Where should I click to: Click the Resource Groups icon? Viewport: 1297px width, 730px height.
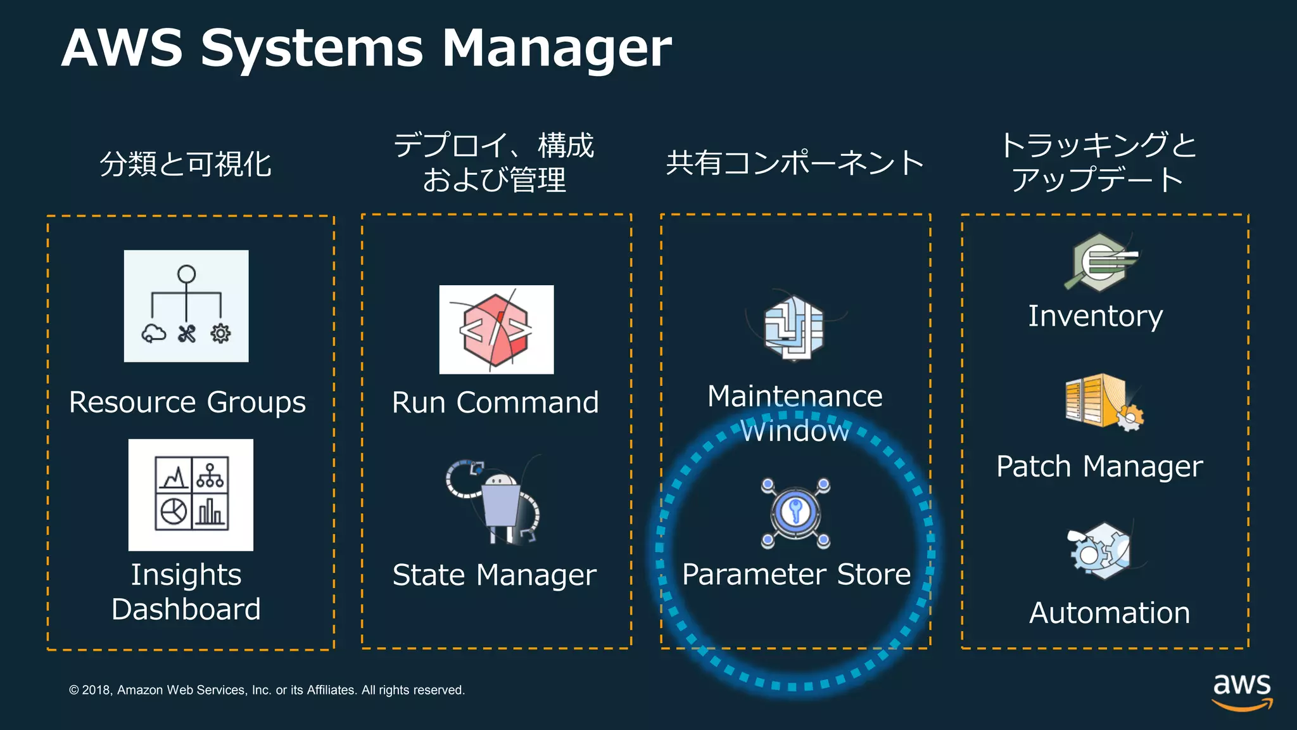click(x=186, y=306)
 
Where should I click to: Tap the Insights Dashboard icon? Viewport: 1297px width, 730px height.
click(x=191, y=495)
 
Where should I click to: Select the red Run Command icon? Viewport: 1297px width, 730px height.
click(x=497, y=330)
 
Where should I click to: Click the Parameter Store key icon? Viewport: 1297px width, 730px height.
click(x=795, y=512)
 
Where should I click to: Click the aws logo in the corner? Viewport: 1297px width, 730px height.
click(x=1242, y=691)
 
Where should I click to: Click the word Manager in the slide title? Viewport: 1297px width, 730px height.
click(x=556, y=48)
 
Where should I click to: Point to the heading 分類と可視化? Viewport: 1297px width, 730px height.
click(x=186, y=164)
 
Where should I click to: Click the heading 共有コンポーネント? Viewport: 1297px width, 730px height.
click(x=795, y=163)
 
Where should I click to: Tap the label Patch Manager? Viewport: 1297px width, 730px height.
click(x=1099, y=466)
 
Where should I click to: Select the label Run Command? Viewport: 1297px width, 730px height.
click(x=495, y=402)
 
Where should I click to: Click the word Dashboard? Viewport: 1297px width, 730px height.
click(x=186, y=609)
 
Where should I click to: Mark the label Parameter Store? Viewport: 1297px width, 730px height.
click(x=796, y=574)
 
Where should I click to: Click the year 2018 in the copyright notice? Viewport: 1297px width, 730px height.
click(x=96, y=690)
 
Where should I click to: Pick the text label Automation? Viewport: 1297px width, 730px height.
click(x=1110, y=613)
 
